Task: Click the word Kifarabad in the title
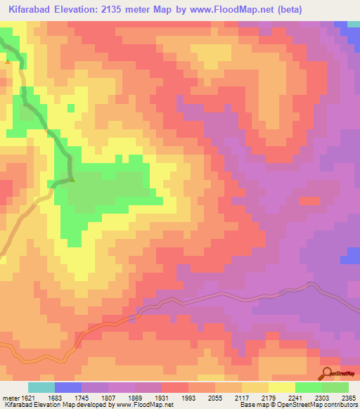(x=32, y=11)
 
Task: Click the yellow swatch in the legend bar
(x=281, y=387)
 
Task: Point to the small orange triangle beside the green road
(x=8, y=61)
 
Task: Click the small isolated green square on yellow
(x=70, y=108)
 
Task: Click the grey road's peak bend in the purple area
(x=309, y=285)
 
